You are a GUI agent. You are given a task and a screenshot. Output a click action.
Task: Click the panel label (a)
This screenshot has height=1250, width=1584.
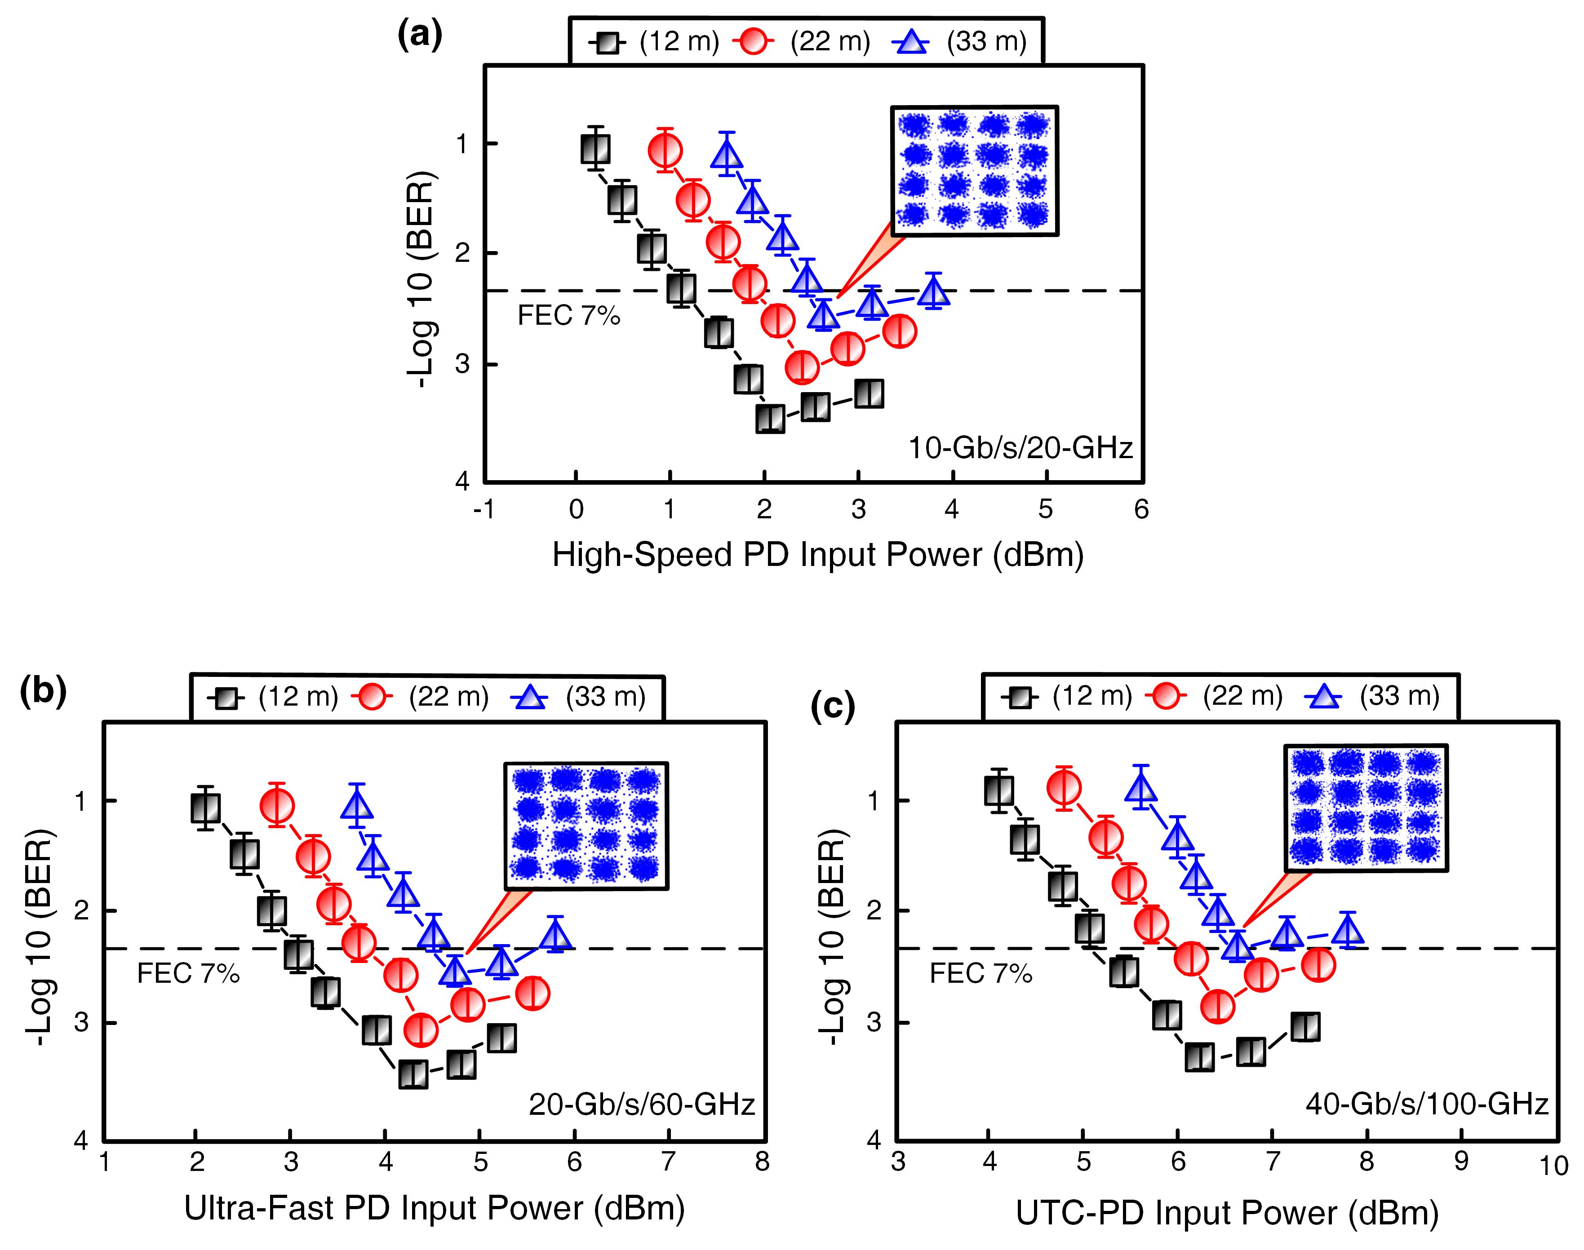[419, 35]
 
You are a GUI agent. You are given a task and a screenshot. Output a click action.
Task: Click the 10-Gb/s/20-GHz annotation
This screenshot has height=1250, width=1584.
[1021, 447]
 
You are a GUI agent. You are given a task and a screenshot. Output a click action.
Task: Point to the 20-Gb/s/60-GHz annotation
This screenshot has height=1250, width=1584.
[641, 1104]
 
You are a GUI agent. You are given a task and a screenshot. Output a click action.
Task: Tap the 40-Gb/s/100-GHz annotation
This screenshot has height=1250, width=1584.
[1427, 1104]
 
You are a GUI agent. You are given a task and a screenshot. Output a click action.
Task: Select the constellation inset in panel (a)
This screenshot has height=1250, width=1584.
[974, 171]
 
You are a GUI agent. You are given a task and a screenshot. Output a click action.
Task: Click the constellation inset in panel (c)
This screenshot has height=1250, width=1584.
[1366, 808]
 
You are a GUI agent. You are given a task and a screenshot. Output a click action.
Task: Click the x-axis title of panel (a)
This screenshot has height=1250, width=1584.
[818, 556]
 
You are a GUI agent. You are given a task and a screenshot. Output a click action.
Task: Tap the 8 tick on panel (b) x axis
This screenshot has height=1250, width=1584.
[762, 1162]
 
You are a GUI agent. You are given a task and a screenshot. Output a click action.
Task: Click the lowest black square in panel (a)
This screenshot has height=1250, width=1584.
[770, 419]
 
